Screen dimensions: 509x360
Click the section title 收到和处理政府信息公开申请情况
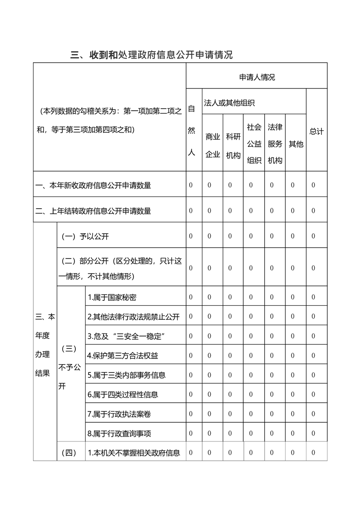(152, 55)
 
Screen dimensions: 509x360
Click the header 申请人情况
(257, 78)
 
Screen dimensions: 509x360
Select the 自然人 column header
(191, 131)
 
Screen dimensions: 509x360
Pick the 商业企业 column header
(212, 145)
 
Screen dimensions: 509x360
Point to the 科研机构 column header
(233, 145)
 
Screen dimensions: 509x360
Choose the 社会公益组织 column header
(254, 143)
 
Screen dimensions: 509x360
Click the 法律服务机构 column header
(275, 143)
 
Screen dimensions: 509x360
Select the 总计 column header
(316, 132)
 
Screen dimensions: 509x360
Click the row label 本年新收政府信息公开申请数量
(94, 185)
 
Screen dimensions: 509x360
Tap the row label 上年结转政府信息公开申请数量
(94, 210)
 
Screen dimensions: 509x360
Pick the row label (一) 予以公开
(85, 236)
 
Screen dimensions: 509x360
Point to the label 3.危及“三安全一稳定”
(125, 336)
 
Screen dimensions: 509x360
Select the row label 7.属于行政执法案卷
(118, 414)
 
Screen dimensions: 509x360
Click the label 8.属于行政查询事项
(118, 433)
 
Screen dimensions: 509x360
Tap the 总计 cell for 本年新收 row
(313, 185)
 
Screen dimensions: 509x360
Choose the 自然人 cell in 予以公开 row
(191, 236)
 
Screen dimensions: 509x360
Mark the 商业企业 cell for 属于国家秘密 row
(209, 297)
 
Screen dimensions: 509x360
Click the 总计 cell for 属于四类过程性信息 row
(313, 394)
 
